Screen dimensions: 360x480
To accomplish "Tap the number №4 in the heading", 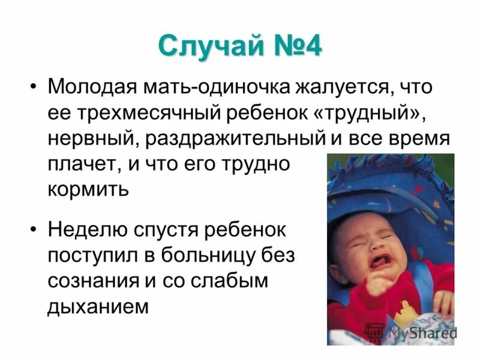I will click(x=295, y=47).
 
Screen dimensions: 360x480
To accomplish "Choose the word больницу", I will click(x=212, y=255).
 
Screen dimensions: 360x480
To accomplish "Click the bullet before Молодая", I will click(x=33, y=88).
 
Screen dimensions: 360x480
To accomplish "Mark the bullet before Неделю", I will click(x=33, y=230).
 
